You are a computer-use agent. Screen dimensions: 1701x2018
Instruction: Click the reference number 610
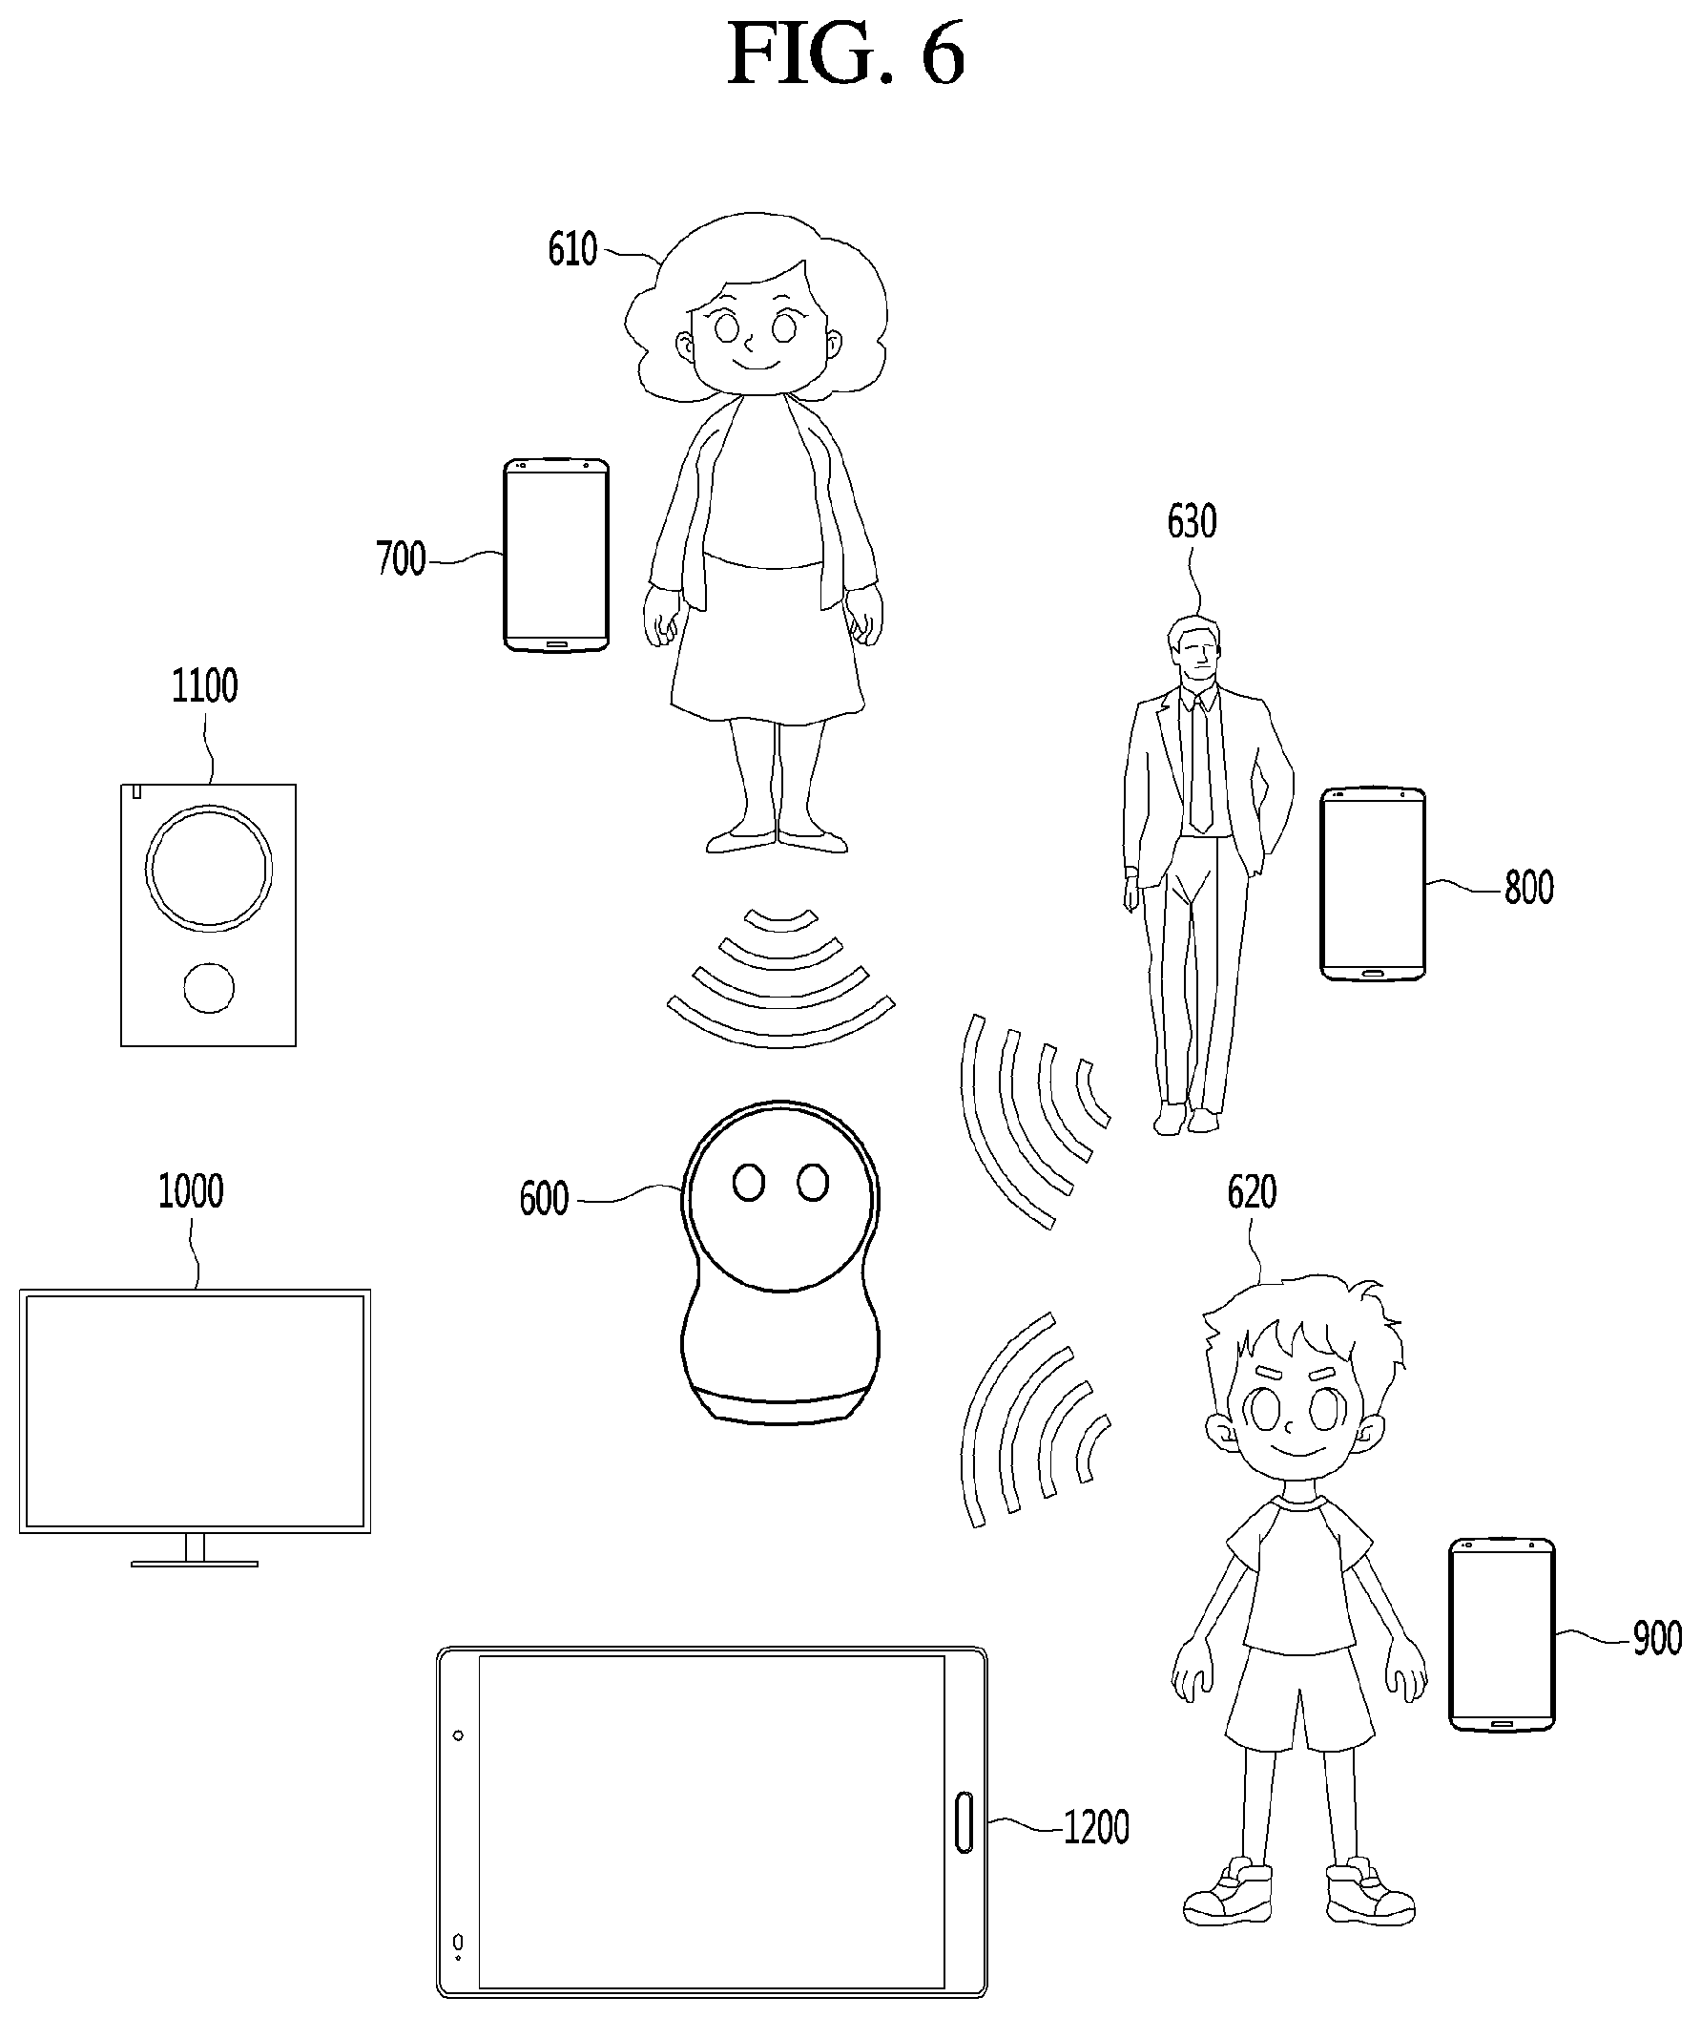[572, 250]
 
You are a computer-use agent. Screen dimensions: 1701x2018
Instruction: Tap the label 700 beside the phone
[401, 558]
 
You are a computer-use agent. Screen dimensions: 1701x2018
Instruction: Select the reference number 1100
[204, 685]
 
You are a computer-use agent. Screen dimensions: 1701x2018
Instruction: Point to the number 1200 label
[1096, 1827]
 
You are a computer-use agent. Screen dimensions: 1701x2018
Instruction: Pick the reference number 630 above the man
[1192, 522]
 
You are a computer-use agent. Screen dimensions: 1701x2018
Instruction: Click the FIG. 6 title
[845, 54]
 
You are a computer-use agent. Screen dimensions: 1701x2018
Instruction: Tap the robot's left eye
[749, 1183]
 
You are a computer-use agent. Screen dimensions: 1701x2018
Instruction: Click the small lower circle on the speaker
[209, 988]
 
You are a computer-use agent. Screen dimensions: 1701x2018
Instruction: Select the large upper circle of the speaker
[208, 868]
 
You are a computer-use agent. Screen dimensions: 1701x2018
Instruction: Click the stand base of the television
[195, 1564]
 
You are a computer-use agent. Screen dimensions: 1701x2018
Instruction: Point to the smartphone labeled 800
[1372, 885]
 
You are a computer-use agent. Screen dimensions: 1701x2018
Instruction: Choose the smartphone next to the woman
[556, 555]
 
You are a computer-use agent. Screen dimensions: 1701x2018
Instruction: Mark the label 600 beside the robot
[544, 1199]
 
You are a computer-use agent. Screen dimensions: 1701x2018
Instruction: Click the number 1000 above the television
[191, 1191]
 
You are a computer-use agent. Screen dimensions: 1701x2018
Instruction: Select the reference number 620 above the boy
[1252, 1193]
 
